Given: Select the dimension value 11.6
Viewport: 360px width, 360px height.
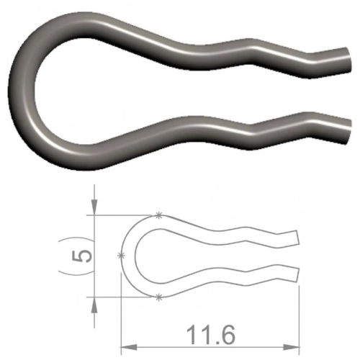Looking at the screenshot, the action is coord(211,335).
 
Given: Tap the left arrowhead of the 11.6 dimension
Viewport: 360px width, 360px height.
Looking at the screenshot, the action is coord(128,347).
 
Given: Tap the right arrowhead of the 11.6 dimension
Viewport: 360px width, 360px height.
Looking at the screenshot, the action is coord(292,347).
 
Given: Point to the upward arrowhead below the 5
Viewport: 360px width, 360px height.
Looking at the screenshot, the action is coord(94,305).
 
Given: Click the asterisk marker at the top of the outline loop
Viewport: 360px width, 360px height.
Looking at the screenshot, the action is coord(158,215).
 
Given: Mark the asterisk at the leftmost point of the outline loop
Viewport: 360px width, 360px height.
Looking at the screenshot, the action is coord(122,256).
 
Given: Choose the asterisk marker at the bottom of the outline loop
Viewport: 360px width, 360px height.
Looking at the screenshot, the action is coord(158,297).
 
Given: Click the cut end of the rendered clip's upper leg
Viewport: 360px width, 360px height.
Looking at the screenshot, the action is coord(348,60).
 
